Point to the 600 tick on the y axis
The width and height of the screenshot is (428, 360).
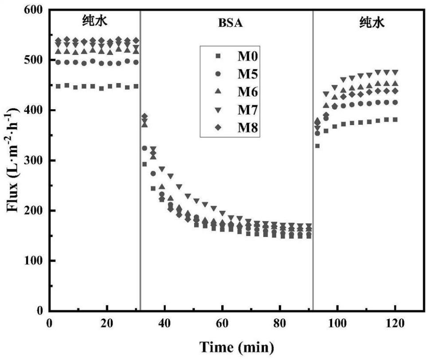33,9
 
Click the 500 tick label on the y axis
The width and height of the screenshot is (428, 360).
33,60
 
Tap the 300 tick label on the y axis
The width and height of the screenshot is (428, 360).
33,160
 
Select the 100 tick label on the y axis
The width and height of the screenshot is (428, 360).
33,261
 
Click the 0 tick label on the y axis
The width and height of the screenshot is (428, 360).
39,311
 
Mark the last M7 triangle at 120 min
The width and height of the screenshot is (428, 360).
394,72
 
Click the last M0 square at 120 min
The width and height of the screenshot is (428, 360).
394,119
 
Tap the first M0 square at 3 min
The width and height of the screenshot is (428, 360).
58,86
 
